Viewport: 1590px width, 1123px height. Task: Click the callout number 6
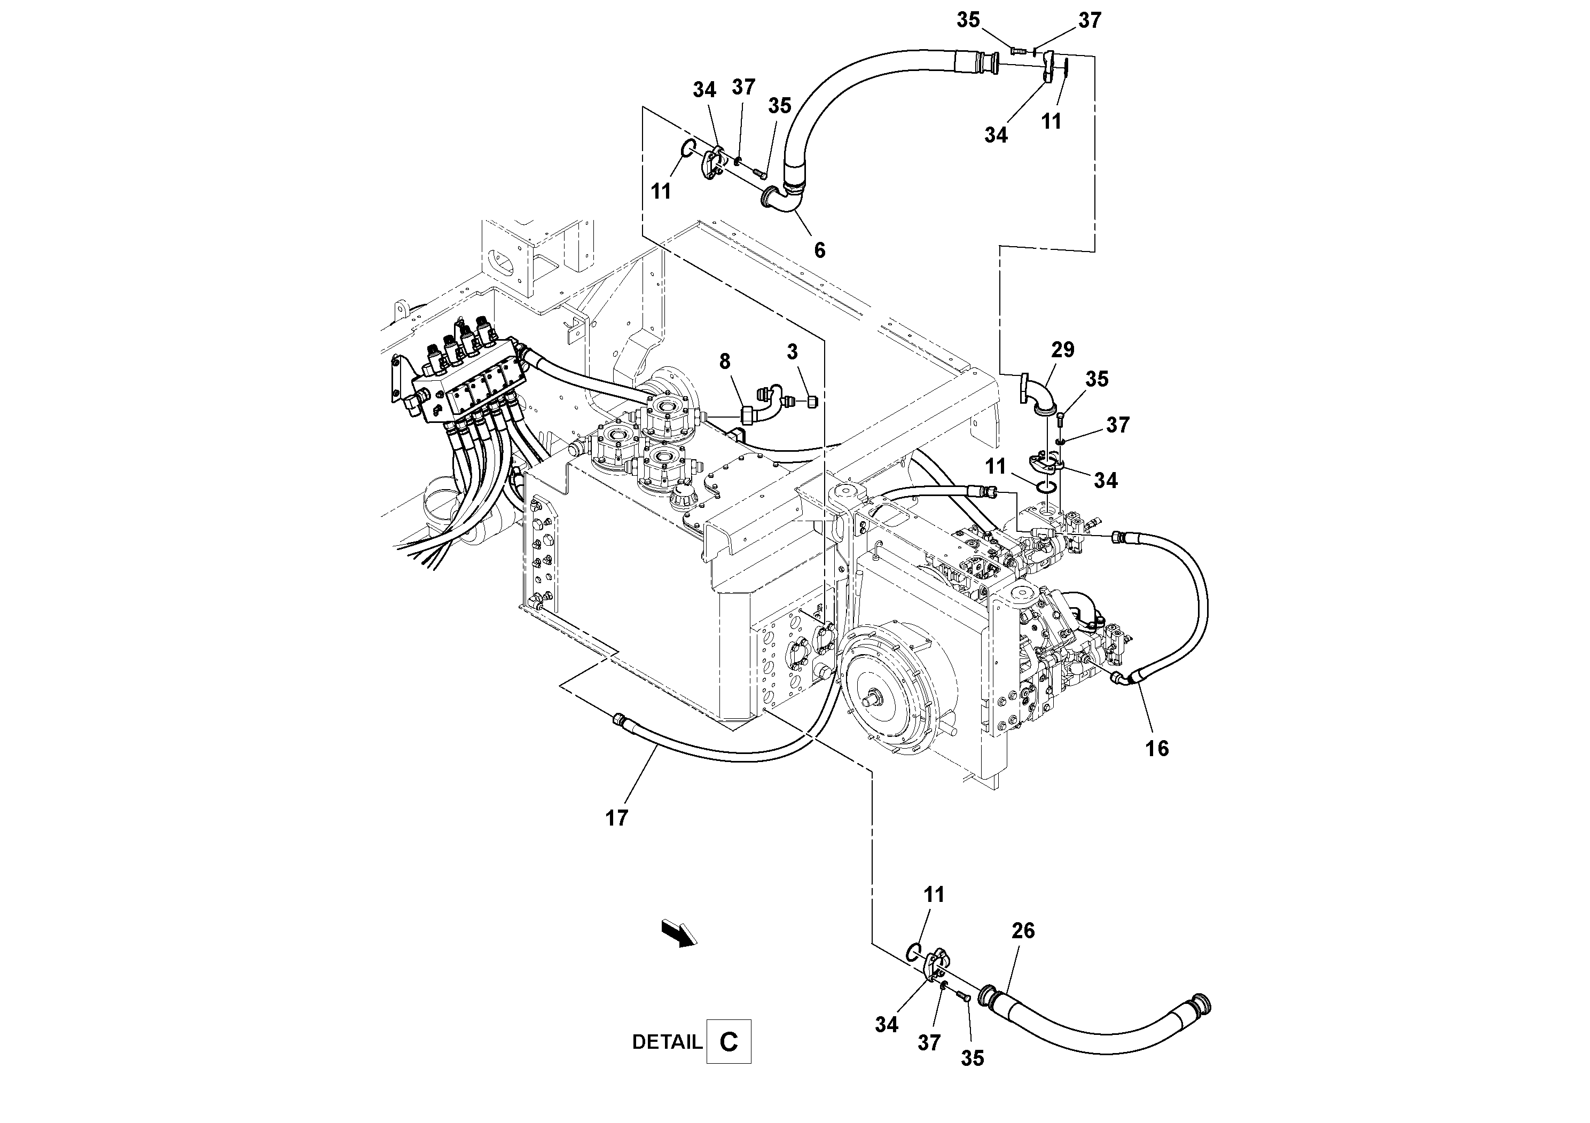click(819, 250)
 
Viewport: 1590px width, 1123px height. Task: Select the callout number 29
click(1062, 350)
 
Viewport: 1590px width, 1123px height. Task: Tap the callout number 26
click(1023, 931)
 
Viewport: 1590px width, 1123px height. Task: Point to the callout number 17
click(616, 818)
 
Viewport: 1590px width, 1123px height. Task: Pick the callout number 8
click(724, 362)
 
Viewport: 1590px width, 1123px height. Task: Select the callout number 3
click(792, 352)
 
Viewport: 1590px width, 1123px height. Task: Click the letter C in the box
click(729, 1041)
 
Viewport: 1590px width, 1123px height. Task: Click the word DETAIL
click(667, 1042)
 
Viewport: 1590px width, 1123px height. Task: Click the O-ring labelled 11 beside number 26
click(913, 953)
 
